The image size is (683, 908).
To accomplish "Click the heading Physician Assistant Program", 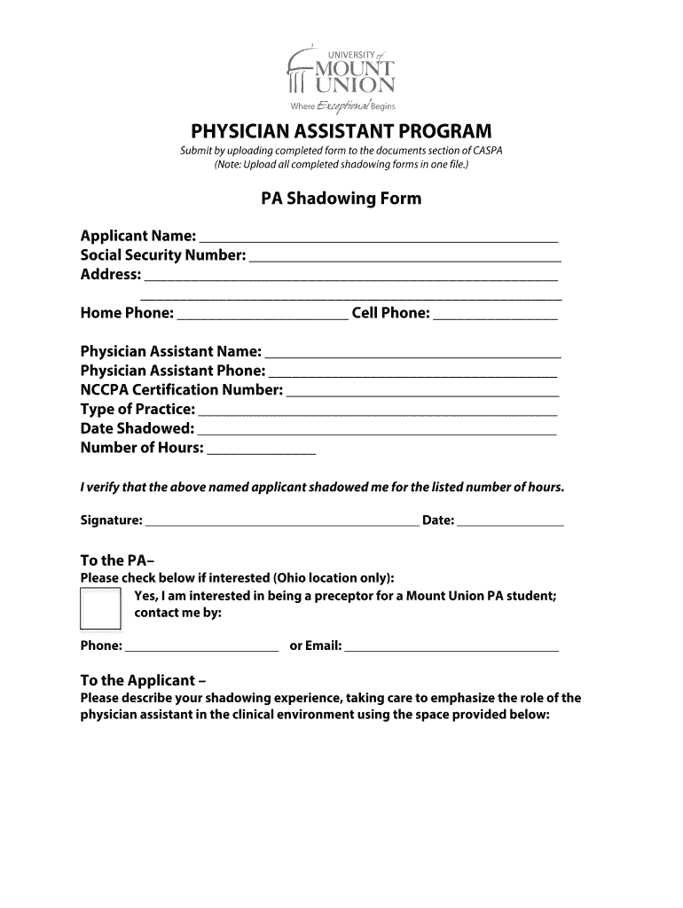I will click(341, 131).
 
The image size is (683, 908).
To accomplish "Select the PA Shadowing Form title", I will click(341, 199).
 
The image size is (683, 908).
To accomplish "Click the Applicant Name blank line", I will click(379, 239).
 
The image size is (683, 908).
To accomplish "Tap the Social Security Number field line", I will click(405, 259).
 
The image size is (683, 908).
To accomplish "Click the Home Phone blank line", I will click(263, 317).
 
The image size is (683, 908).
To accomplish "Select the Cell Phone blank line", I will click(496, 317).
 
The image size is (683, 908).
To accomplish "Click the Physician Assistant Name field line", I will click(412, 355).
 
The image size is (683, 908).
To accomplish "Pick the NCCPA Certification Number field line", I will click(422, 394).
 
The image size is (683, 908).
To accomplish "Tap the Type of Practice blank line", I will click(378, 413).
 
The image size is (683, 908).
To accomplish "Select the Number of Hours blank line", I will click(261, 452).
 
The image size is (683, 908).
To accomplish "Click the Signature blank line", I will click(282, 524).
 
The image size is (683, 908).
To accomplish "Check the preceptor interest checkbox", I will click(100, 608).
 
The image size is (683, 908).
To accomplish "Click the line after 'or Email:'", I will click(451, 650).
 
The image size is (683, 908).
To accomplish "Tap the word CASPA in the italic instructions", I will click(487, 151).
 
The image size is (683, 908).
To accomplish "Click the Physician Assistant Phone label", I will click(172, 371).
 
